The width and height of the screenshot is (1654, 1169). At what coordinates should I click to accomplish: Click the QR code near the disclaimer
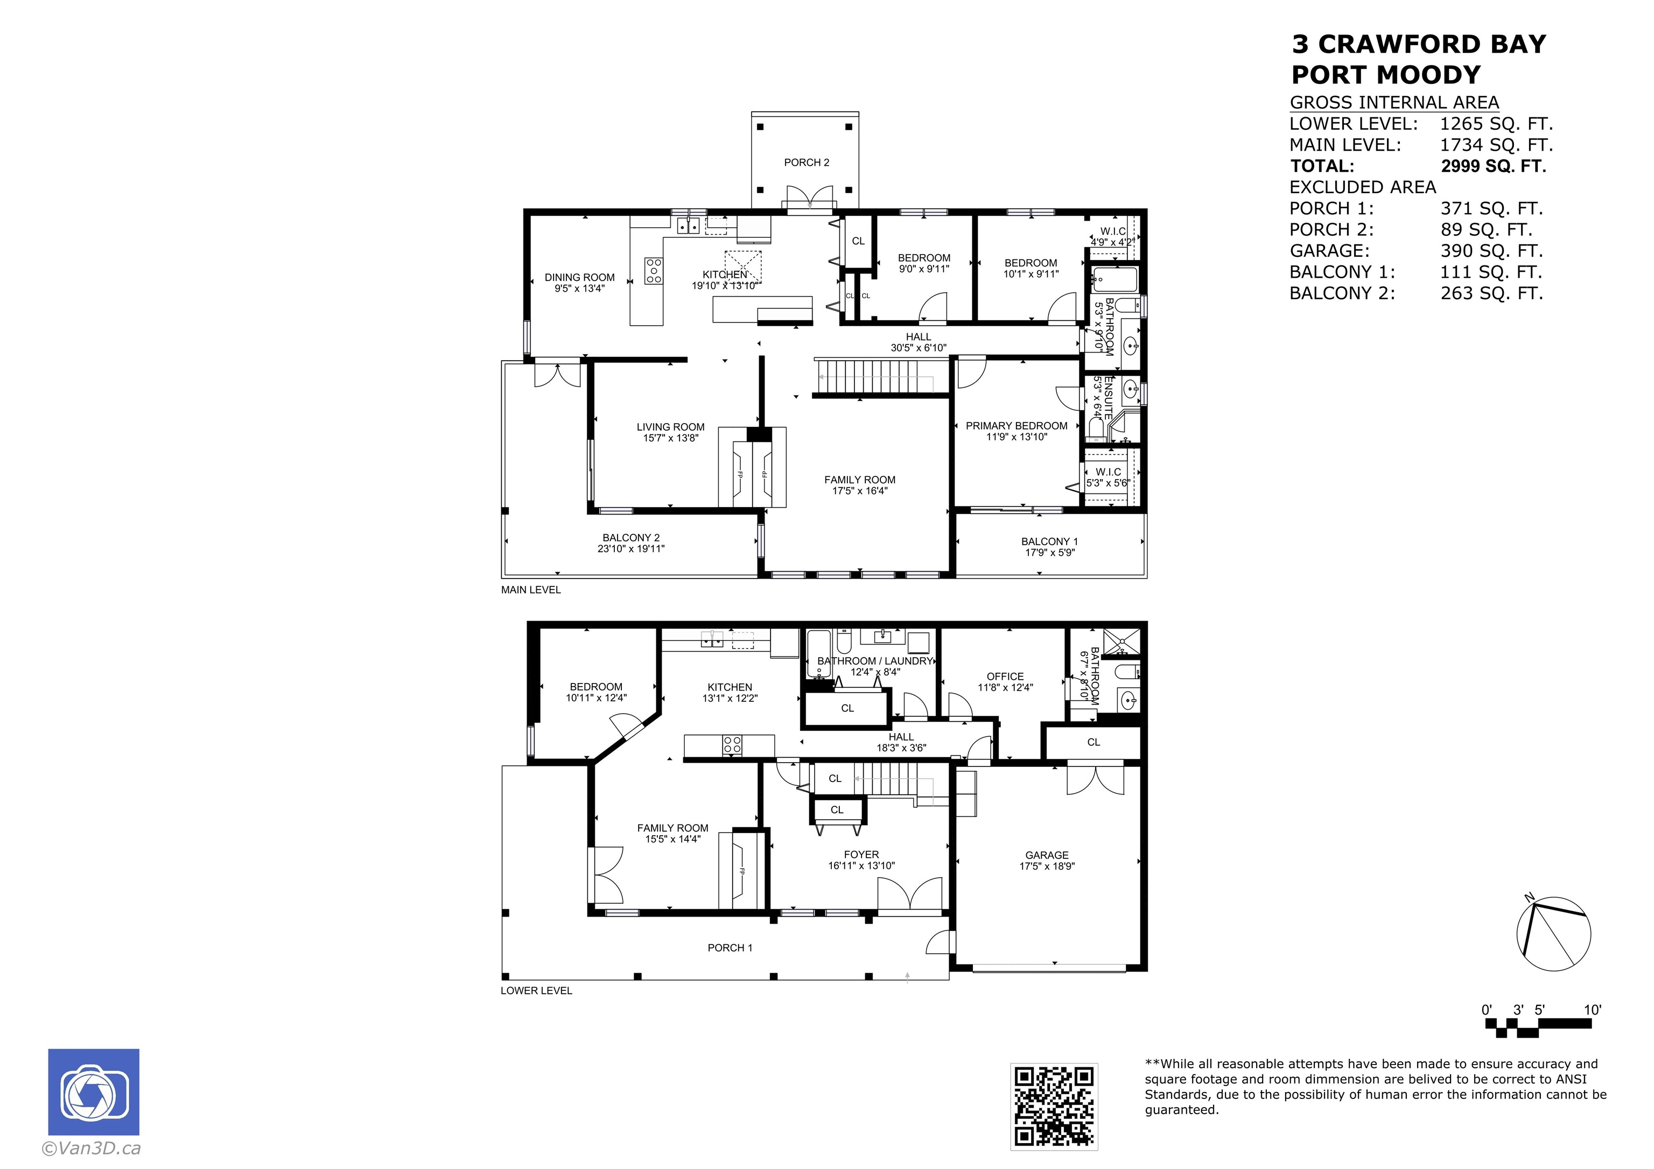click(x=1053, y=1107)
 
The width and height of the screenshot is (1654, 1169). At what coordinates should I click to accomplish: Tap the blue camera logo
click(x=94, y=1092)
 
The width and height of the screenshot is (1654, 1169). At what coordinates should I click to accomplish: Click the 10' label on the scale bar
click(x=1592, y=1010)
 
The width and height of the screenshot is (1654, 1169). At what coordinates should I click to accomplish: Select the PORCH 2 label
click(x=806, y=163)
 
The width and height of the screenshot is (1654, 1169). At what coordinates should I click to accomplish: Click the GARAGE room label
click(x=1047, y=855)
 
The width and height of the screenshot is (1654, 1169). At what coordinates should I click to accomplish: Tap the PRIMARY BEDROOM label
click(x=1017, y=426)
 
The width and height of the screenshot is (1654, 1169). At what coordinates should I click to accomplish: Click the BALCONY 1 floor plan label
click(x=1049, y=541)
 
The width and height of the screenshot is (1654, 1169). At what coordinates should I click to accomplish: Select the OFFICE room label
click(x=1005, y=677)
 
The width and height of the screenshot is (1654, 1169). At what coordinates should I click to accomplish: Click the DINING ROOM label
click(x=579, y=277)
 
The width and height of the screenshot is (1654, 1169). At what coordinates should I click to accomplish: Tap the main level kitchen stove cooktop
click(x=654, y=271)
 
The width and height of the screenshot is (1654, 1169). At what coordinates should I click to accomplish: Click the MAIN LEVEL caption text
click(x=530, y=590)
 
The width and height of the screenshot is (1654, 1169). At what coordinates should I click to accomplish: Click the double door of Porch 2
click(x=810, y=198)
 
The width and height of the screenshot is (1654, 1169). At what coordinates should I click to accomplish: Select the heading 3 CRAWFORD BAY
click(x=1418, y=45)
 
